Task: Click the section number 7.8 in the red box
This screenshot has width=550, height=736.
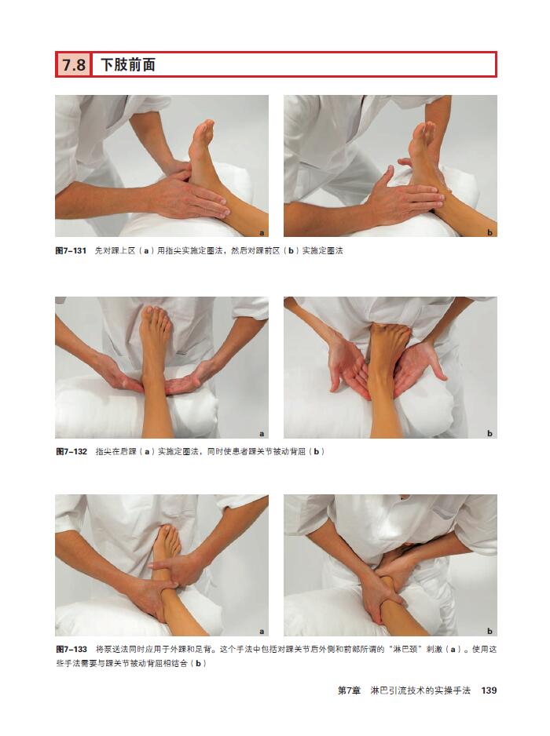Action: pos(74,64)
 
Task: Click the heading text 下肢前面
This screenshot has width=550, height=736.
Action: pos(128,64)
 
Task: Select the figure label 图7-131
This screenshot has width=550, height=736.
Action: pos(71,250)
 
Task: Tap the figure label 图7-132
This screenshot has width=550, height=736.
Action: pos(71,451)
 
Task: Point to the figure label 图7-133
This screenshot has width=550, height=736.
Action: pos(71,649)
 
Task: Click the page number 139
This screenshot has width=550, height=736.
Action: pos(489,690)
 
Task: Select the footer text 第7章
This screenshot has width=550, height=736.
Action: pos(350,690)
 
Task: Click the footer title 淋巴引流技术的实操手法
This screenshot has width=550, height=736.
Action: pos(420,690)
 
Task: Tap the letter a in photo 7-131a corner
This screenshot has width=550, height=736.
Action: pos(262,233)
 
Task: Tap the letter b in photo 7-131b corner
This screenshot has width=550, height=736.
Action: pos(489,232)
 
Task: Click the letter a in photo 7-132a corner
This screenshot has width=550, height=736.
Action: pos(262,434)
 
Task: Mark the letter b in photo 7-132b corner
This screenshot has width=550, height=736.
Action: pos(489,433)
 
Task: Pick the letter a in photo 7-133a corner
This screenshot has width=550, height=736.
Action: pos(262,632)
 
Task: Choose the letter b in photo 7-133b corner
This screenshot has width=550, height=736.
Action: pos(489,631)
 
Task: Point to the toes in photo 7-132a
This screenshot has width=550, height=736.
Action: pos(157,313)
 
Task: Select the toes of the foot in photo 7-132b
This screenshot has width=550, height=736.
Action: pos(392,330)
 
